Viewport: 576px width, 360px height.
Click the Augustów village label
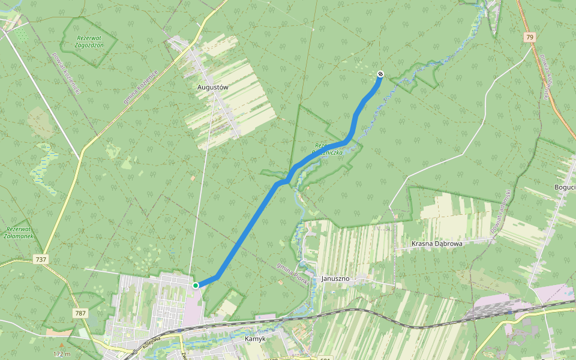point(213,87)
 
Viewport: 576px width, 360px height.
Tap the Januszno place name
point(335,278)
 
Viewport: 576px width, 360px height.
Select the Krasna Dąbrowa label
point(436,244)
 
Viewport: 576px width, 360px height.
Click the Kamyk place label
point(256,339)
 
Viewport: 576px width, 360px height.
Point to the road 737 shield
point(41,259)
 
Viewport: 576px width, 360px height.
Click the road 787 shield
point(80,313)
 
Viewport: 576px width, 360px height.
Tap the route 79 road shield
point(529,37)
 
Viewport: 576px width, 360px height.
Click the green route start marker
point(196,285)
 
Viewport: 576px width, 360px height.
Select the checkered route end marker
point(380,74)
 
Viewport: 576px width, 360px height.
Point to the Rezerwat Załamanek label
point(18,233)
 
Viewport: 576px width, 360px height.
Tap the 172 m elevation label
point(62,354)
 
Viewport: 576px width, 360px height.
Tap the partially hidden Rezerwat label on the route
point(329,149)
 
